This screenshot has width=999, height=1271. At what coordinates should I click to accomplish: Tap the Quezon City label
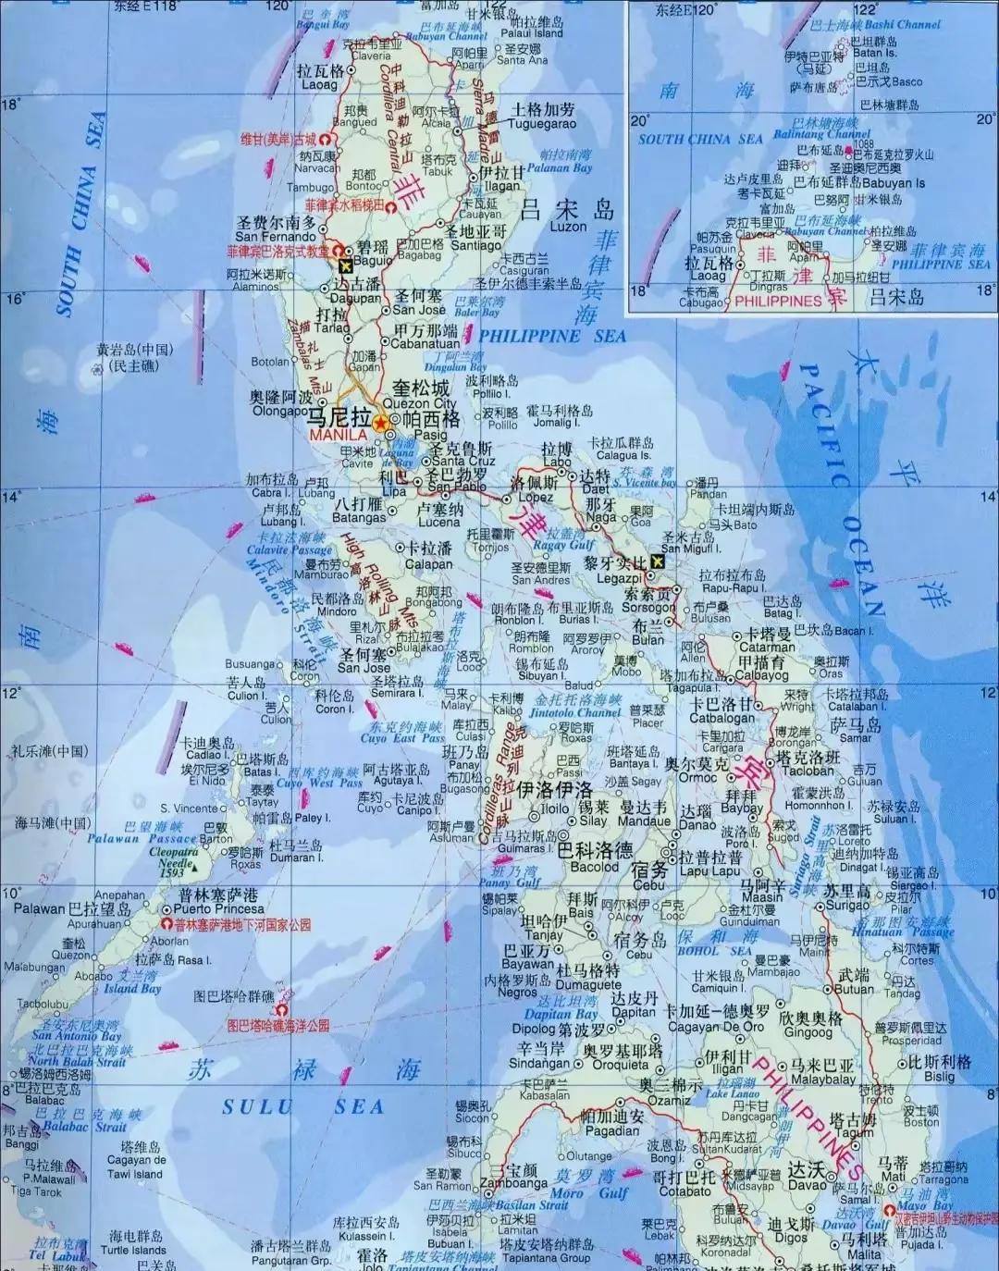coord(420,403)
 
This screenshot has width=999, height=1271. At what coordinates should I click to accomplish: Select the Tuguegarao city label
coord(542,124)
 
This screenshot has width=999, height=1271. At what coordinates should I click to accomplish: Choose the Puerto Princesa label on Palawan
coord(218,908)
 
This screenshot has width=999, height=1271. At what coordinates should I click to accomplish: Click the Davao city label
coord(807,1184)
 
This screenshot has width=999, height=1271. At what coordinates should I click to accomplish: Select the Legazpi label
coord(618,578)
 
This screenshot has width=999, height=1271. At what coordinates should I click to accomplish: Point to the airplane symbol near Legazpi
coord(658,561)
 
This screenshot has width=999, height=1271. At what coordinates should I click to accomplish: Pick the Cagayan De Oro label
coord(717,1026)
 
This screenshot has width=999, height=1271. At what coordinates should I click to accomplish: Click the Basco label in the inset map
coord(906,81)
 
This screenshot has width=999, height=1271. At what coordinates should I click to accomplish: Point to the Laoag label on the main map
coord(320,84)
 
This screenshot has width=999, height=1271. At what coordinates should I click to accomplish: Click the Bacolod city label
coord(595,867)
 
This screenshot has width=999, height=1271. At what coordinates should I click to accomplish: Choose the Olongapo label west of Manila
coord(280,411)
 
